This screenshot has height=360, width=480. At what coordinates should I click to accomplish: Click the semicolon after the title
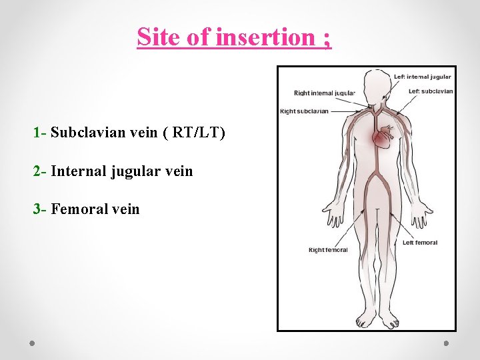(326, 39)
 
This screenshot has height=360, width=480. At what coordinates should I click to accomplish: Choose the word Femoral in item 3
(75, 209)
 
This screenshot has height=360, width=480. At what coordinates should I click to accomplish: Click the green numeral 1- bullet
(39, 133)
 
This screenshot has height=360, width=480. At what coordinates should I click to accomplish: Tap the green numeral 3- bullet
(40, 209)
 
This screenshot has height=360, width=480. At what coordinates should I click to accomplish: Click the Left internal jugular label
(422, 77)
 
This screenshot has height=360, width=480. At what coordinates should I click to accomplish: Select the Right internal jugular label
(325, 93)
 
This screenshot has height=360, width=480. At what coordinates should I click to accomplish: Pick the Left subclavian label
(431, 91)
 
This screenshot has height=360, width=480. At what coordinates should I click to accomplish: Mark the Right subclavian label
(304, 111)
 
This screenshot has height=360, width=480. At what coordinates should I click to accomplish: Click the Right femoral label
(328, 250)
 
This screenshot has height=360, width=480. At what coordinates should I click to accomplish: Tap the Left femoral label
(420, 243)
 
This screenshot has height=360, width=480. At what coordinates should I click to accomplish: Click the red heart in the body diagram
(383, 139)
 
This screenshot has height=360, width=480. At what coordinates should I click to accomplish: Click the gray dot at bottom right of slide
(446, 343)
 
